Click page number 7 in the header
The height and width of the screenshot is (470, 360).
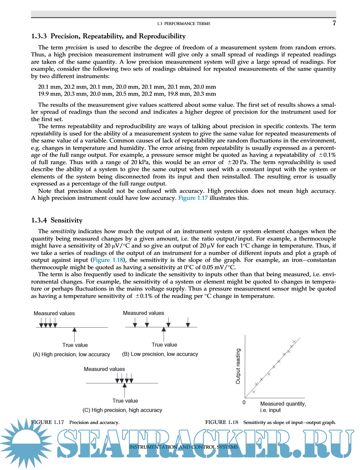click(334, 23)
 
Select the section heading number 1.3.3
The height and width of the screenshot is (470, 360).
click(39, 36)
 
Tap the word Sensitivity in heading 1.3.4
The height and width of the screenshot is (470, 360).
click(66, 220)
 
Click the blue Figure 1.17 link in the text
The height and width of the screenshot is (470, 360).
click(193, 198)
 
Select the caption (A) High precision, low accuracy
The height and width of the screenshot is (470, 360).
click(71, 354)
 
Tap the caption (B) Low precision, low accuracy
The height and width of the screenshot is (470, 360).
click(160, 354)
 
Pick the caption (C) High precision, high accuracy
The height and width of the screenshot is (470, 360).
click(122, 410)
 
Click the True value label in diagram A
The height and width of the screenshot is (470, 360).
click(75, 345)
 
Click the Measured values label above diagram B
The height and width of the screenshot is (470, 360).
click(143, 313)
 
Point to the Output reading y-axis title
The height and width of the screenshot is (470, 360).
click(238, 366)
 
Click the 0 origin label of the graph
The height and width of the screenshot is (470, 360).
click(244, 402)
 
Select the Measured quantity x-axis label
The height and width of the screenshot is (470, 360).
click(283, 404)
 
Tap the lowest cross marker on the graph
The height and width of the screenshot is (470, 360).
click(254, 392)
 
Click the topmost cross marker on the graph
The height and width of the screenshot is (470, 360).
click(294, 341)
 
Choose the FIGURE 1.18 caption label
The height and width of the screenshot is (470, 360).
click(222, 422)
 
